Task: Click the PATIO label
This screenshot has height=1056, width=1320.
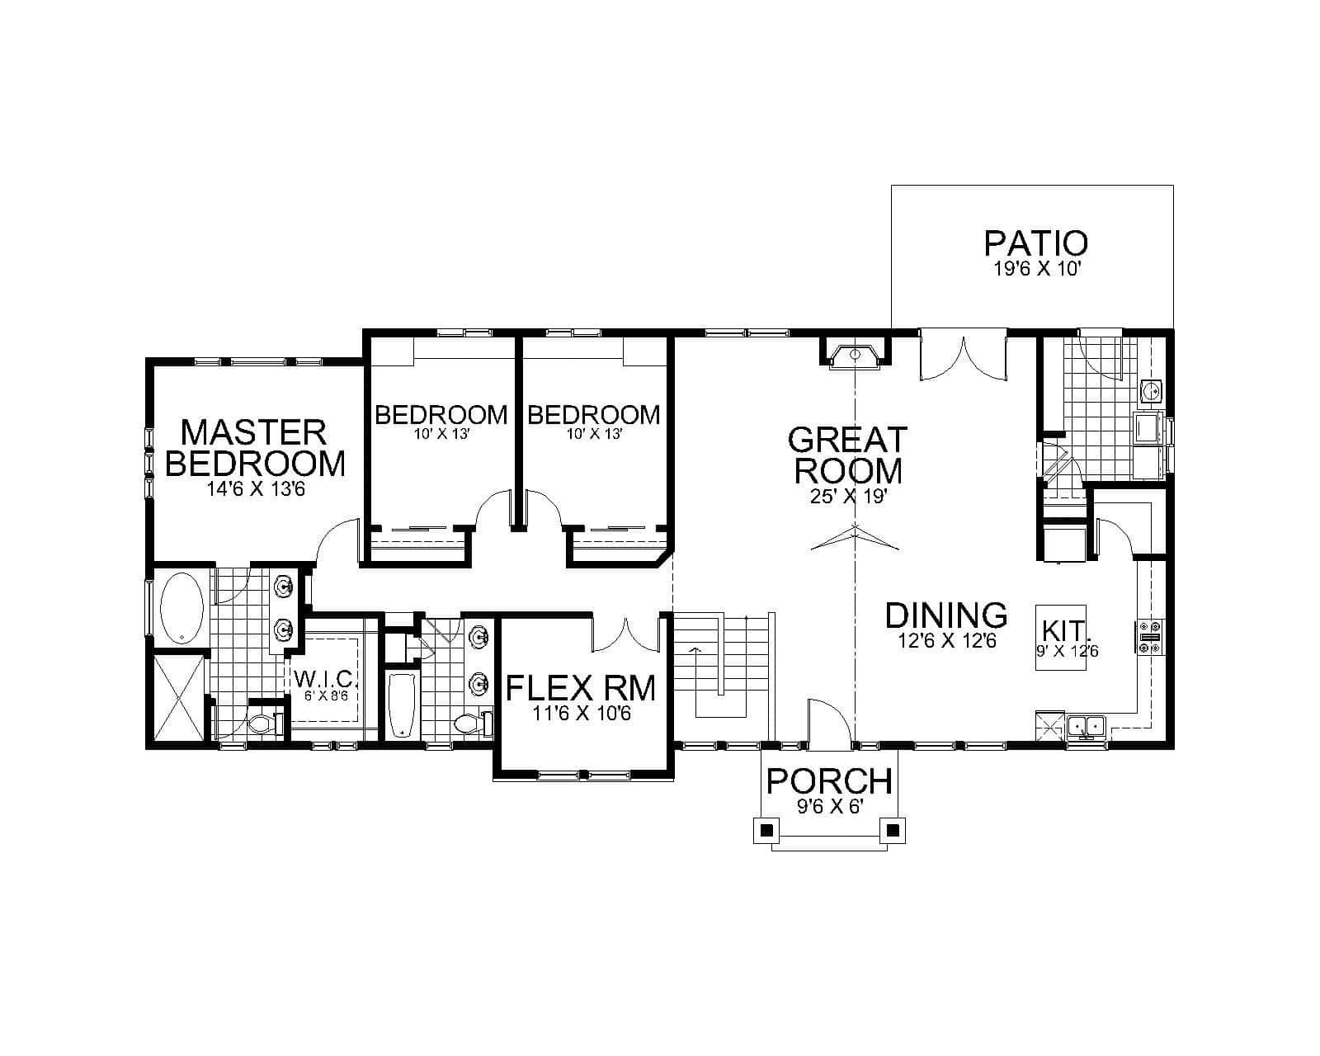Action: tap(1035, 243)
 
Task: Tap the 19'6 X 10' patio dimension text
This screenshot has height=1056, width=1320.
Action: tap(1035, 270)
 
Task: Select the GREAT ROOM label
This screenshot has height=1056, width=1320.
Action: tap(847, 454)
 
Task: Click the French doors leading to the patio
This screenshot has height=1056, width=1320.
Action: tap(964, 356)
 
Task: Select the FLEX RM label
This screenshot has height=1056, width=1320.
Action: tap(581, 687)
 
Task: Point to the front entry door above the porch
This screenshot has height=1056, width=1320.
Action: tap(829, 724)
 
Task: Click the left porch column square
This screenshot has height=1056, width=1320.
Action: tap(766, 828)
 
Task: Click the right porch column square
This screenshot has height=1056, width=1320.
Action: tap(893, 828)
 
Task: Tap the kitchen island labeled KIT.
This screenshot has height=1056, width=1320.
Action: tap(1062, 637)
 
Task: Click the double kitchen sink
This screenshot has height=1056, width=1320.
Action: tap(1086, 727)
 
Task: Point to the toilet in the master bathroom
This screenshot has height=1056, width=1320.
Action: tap(263, 724)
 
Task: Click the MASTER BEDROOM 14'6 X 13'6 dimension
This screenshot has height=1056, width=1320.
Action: tap(256, 489)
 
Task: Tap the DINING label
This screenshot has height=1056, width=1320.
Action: tap(946, 615)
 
